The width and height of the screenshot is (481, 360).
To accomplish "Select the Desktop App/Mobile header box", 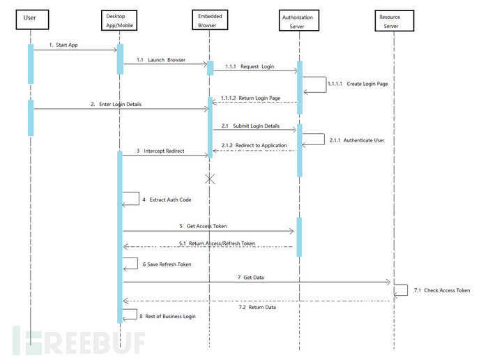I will (120, 20).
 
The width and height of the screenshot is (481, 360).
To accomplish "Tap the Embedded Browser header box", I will (209, 20).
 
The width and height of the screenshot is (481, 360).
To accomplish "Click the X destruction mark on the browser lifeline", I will (210, 179).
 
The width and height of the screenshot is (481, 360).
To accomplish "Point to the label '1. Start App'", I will (64, 45).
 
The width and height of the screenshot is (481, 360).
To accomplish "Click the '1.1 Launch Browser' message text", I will (162, 60).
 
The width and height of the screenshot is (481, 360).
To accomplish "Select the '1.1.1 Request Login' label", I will (250, 67).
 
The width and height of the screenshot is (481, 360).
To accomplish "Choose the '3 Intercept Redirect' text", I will (160, 151).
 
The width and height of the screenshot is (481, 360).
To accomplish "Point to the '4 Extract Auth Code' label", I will (167, 200).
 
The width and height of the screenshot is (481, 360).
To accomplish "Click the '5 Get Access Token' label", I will (203, 226).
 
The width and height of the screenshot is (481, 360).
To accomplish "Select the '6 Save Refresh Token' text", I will (167, 264).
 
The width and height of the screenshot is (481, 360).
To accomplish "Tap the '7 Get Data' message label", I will (251, 278).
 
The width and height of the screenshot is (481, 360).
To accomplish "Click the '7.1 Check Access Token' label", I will (441, 290).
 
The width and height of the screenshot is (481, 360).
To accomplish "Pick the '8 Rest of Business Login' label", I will (169, 316).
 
